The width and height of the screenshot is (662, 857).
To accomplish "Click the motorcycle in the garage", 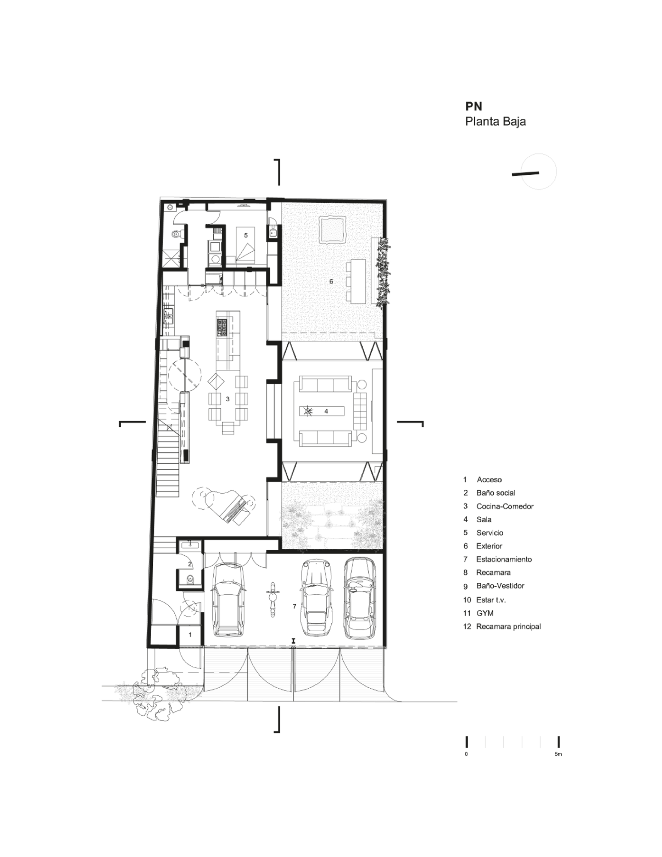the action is point(271,599).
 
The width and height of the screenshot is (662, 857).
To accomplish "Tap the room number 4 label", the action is point(326,411).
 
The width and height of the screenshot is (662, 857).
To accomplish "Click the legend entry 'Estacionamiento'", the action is point(504,559).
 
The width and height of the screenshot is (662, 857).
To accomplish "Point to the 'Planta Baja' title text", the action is point(495,121).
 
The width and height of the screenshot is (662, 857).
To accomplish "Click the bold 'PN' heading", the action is point(474,106).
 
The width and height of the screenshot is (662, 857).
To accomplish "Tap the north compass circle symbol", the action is point(539,172).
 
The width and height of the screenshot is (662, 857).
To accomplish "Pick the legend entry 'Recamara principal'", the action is point(509,626).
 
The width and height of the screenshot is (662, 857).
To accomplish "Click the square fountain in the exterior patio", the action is point(333,229).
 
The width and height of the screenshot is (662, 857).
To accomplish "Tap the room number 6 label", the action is point(331,282).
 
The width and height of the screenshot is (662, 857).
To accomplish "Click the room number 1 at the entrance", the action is point(191,635).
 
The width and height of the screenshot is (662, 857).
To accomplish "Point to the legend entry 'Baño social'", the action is point(496,493).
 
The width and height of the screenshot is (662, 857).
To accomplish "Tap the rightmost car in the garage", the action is point(359,596).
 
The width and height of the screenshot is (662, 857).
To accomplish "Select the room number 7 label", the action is point(295,606).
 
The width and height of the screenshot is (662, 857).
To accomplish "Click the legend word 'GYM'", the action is point(485,613).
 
